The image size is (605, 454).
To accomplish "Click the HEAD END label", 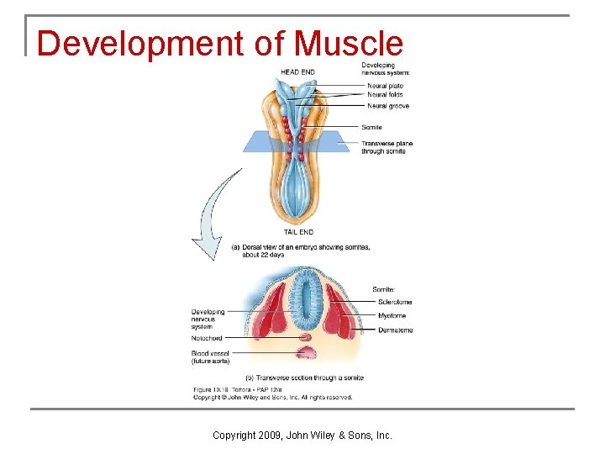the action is (x=297, y=72).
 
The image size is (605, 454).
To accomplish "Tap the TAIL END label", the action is (x=297, y=232).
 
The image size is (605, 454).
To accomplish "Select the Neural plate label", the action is (x=385, y=86).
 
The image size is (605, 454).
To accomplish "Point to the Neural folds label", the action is (x=385, y=95).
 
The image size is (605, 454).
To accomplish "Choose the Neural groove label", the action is (x=388, y=106).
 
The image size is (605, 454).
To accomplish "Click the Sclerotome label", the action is (x=395, y=302).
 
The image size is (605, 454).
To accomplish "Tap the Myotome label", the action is (x=392, y=316).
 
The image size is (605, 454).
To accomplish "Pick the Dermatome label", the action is (x=395, y=330).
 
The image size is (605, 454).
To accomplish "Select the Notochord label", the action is (x=207, y=338).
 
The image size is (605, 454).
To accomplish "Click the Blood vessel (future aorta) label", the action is (x=210, y=357).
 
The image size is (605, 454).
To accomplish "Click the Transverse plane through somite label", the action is (x=387, y=147).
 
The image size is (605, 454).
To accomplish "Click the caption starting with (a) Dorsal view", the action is (x=300, y=251).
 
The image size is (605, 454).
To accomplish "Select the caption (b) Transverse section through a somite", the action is (x=304, y=377).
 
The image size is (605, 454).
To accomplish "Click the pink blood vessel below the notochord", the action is (x=304, y=351).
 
